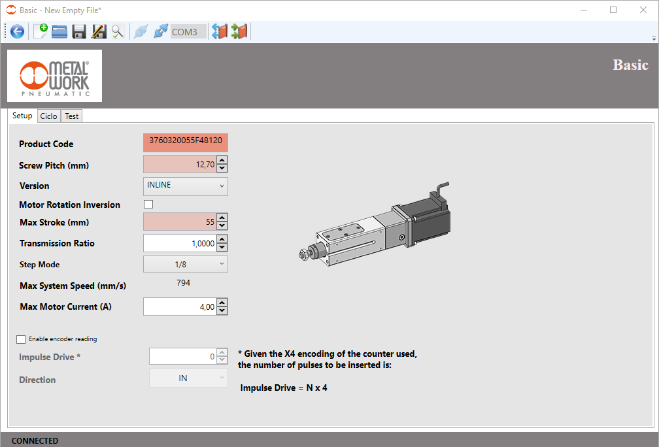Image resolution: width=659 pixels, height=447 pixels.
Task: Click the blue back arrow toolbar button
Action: (17, 31)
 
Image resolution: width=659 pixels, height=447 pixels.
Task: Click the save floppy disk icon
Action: (79, 31)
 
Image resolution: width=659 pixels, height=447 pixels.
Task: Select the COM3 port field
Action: (188, 31)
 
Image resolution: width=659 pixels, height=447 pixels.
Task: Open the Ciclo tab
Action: (48, 116)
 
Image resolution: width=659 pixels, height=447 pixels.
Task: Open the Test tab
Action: (71, 116)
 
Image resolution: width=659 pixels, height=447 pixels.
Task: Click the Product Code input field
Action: (185, 143)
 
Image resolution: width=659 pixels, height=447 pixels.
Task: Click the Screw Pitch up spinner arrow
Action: (222, 161)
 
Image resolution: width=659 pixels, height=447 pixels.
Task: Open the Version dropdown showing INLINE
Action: (185, 186)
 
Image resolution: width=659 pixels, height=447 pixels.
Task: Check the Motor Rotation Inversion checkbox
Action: (148, 205)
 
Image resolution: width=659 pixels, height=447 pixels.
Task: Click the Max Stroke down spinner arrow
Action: (222, 226)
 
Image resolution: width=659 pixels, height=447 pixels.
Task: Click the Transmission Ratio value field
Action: (179, 243)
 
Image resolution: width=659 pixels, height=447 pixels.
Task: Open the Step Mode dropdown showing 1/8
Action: (185, 264)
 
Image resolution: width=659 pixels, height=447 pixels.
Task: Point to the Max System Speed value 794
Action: (184, 283)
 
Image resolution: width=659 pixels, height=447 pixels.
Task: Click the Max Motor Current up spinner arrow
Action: (222, 303)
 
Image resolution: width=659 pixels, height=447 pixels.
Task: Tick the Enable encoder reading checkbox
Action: (22, 339)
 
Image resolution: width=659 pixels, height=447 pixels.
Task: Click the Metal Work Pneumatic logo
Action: (54, 76)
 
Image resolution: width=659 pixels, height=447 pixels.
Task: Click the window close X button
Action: (643, 10)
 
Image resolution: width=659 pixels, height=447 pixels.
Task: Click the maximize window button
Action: (613, 10)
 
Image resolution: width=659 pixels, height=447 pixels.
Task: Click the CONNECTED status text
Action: (35, 440)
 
